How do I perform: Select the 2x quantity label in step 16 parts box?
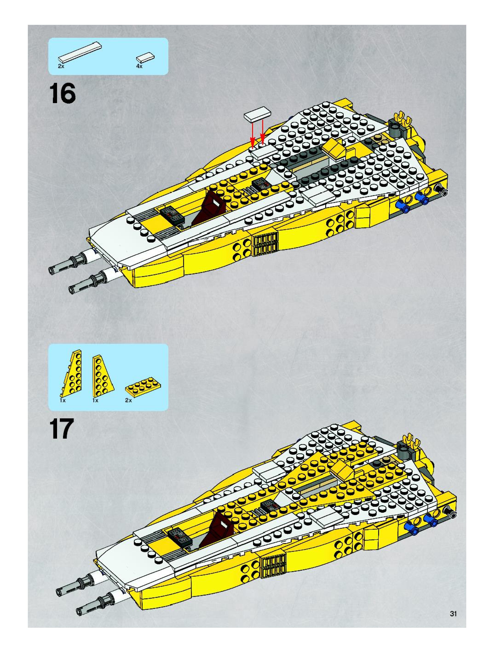click(x=61, y=66)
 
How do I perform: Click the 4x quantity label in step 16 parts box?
click(x=139, y=66)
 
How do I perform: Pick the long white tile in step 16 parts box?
click(x=80, y=52)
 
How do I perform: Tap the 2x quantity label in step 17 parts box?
click(x=128, y=400)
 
